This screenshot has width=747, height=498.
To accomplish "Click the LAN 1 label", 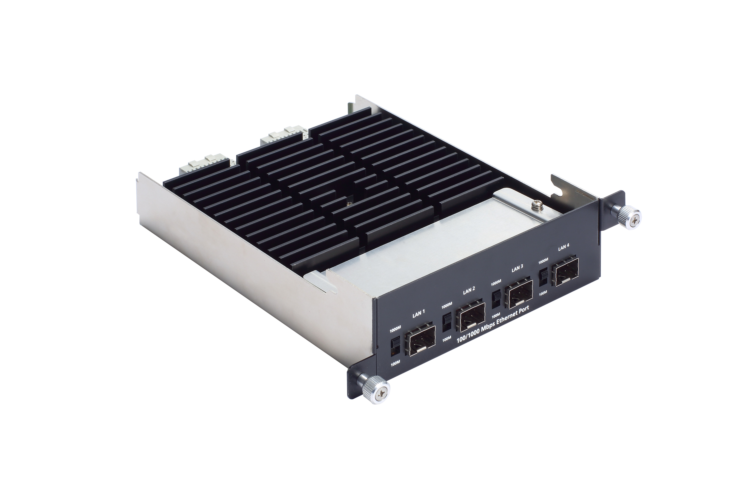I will [x=419, y=314].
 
